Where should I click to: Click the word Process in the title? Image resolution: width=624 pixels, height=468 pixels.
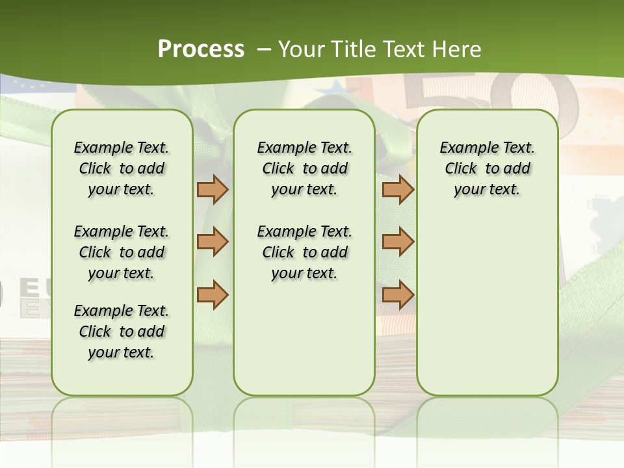click(201, 49)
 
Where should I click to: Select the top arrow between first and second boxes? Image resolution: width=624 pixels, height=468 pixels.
click(213, 189)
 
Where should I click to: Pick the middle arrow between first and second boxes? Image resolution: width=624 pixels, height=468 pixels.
click(213, 242)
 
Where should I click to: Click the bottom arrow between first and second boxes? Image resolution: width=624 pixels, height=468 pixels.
click(213, 294)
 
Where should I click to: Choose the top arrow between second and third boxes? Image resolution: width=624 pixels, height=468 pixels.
click(398, 189)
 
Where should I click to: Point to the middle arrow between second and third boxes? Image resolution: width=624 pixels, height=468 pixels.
click(398, 242)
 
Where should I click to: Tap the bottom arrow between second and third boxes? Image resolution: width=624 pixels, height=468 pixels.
click(398, 294)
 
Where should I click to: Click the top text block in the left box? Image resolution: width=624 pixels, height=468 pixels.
click(122, 168)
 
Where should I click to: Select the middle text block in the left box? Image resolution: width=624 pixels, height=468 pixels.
click(122, 252)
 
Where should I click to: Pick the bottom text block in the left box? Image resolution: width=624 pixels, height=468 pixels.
click(122, 331)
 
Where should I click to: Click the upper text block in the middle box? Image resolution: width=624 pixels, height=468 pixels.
click(304, 168)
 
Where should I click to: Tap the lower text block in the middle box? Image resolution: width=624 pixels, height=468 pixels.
click(304, 252)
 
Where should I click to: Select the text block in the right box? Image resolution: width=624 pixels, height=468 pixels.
click(487, 168)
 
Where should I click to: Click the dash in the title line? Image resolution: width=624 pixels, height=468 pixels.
click(264, 49)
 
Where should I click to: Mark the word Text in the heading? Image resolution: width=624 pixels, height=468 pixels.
click(403, 49)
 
